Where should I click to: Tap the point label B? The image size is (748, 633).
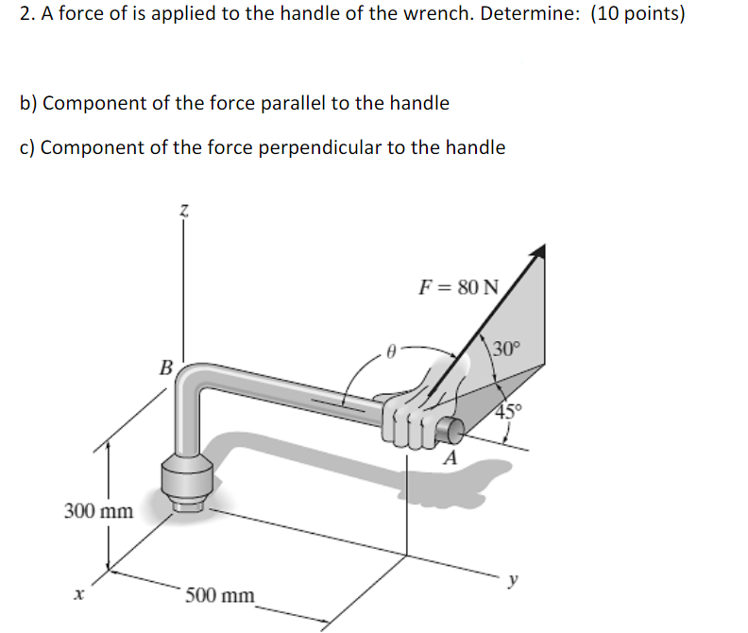click(166, 367)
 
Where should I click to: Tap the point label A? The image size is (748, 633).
click(451, 459)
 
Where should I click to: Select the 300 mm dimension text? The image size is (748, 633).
click(98, 511)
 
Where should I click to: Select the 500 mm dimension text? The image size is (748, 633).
click(219, 595)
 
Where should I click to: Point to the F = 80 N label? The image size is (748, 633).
click(458, 287)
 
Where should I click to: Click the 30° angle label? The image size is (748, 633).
click(505, 348)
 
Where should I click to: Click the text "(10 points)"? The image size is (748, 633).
click(638, 15)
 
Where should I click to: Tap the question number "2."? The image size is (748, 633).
click(25, 15)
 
